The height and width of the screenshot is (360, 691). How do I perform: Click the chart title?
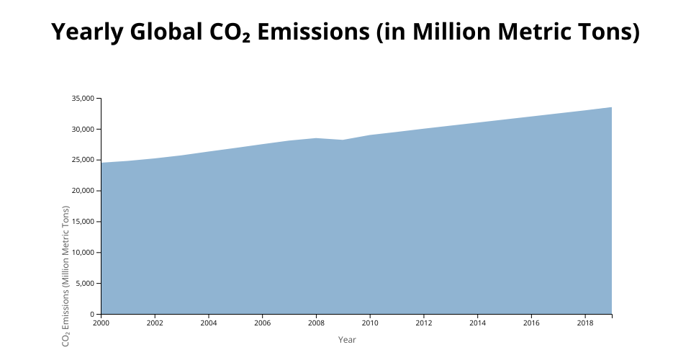point(345,33)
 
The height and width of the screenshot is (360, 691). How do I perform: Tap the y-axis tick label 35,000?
point(83,99)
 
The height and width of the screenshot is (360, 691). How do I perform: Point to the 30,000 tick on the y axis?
point(83,130)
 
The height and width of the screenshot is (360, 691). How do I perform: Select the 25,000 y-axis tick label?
point(83,161)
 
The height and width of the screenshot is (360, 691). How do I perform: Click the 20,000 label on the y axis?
point(83,191)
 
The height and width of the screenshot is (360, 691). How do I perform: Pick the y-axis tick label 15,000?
point(83,222)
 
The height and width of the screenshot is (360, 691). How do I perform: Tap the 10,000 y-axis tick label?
point(83,253)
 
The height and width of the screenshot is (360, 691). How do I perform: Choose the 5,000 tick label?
point(86,284)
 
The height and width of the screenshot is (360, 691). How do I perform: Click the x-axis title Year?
point(347,339)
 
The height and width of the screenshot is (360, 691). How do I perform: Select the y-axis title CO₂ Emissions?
point(66,276)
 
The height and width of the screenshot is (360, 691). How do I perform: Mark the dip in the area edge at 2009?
point(343,140)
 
